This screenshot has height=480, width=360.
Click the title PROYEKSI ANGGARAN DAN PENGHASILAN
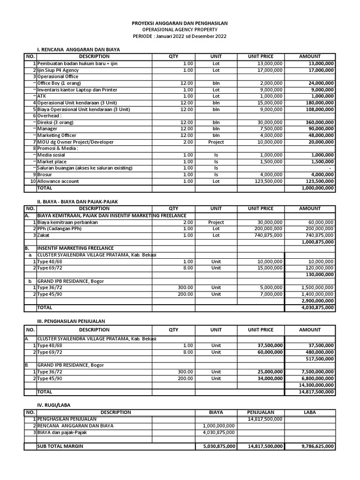(x=180, y=23)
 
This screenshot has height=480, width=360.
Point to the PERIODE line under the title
(x=180, y=36)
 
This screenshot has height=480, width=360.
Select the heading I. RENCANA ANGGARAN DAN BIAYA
(x=79, y=49)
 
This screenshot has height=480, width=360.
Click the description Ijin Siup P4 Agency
(x=58, y=70)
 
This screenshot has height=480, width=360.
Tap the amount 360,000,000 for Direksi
(x=317, y=122)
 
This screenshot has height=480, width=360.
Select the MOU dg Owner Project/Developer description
(x=75, y=142)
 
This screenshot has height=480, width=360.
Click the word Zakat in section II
(x=44, y=235)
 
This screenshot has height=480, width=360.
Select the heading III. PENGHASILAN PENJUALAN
(x=71, y=321)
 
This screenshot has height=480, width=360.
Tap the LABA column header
(x=310, y=412)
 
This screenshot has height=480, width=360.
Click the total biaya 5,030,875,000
(x=216, y=447)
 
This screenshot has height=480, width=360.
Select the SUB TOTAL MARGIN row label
(x=60, y=447)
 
